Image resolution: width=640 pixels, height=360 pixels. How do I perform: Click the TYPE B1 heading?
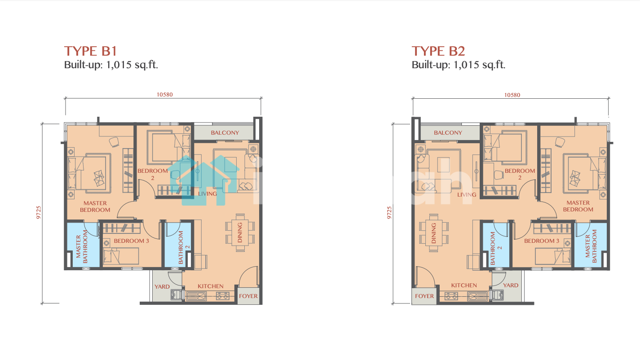91,51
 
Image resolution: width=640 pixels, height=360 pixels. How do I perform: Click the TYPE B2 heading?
438,51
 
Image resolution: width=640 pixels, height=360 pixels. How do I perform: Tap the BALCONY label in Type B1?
225,133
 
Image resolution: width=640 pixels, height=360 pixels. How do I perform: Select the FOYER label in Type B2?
424,296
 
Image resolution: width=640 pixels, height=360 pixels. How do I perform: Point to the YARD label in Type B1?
162,287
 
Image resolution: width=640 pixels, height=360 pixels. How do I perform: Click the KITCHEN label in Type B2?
464,285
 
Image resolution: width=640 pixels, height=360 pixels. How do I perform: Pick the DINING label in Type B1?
240,233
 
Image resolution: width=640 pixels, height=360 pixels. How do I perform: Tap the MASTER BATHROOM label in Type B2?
591,246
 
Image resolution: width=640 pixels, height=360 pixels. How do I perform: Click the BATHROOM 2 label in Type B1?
184,247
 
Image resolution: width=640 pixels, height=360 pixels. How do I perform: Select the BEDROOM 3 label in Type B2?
542,241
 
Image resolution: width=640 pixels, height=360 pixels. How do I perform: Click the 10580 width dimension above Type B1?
164,95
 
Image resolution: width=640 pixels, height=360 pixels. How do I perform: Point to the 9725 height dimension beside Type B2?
389,213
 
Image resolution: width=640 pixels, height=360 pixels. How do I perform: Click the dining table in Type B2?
434,233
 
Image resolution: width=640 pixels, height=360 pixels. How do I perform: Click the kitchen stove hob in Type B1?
223,296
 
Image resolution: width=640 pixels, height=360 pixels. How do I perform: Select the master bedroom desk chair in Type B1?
114,142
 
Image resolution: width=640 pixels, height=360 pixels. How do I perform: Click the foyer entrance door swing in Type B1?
248,277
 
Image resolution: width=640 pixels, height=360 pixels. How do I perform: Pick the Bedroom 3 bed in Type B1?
121,256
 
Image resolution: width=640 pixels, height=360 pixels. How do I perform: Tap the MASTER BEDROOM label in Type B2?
578,206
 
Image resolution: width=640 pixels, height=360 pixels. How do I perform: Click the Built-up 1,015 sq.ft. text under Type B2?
459,65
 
